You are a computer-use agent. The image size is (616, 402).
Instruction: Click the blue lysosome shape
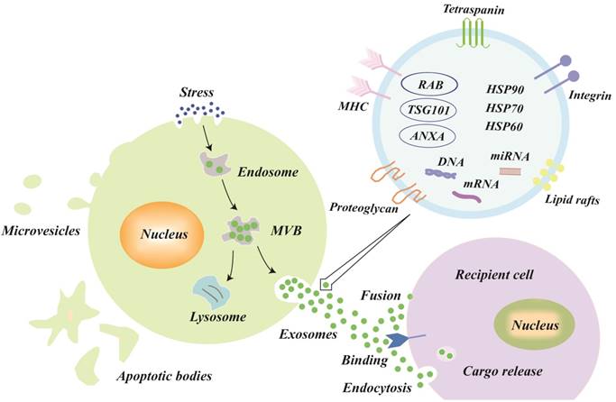(216, 293)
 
